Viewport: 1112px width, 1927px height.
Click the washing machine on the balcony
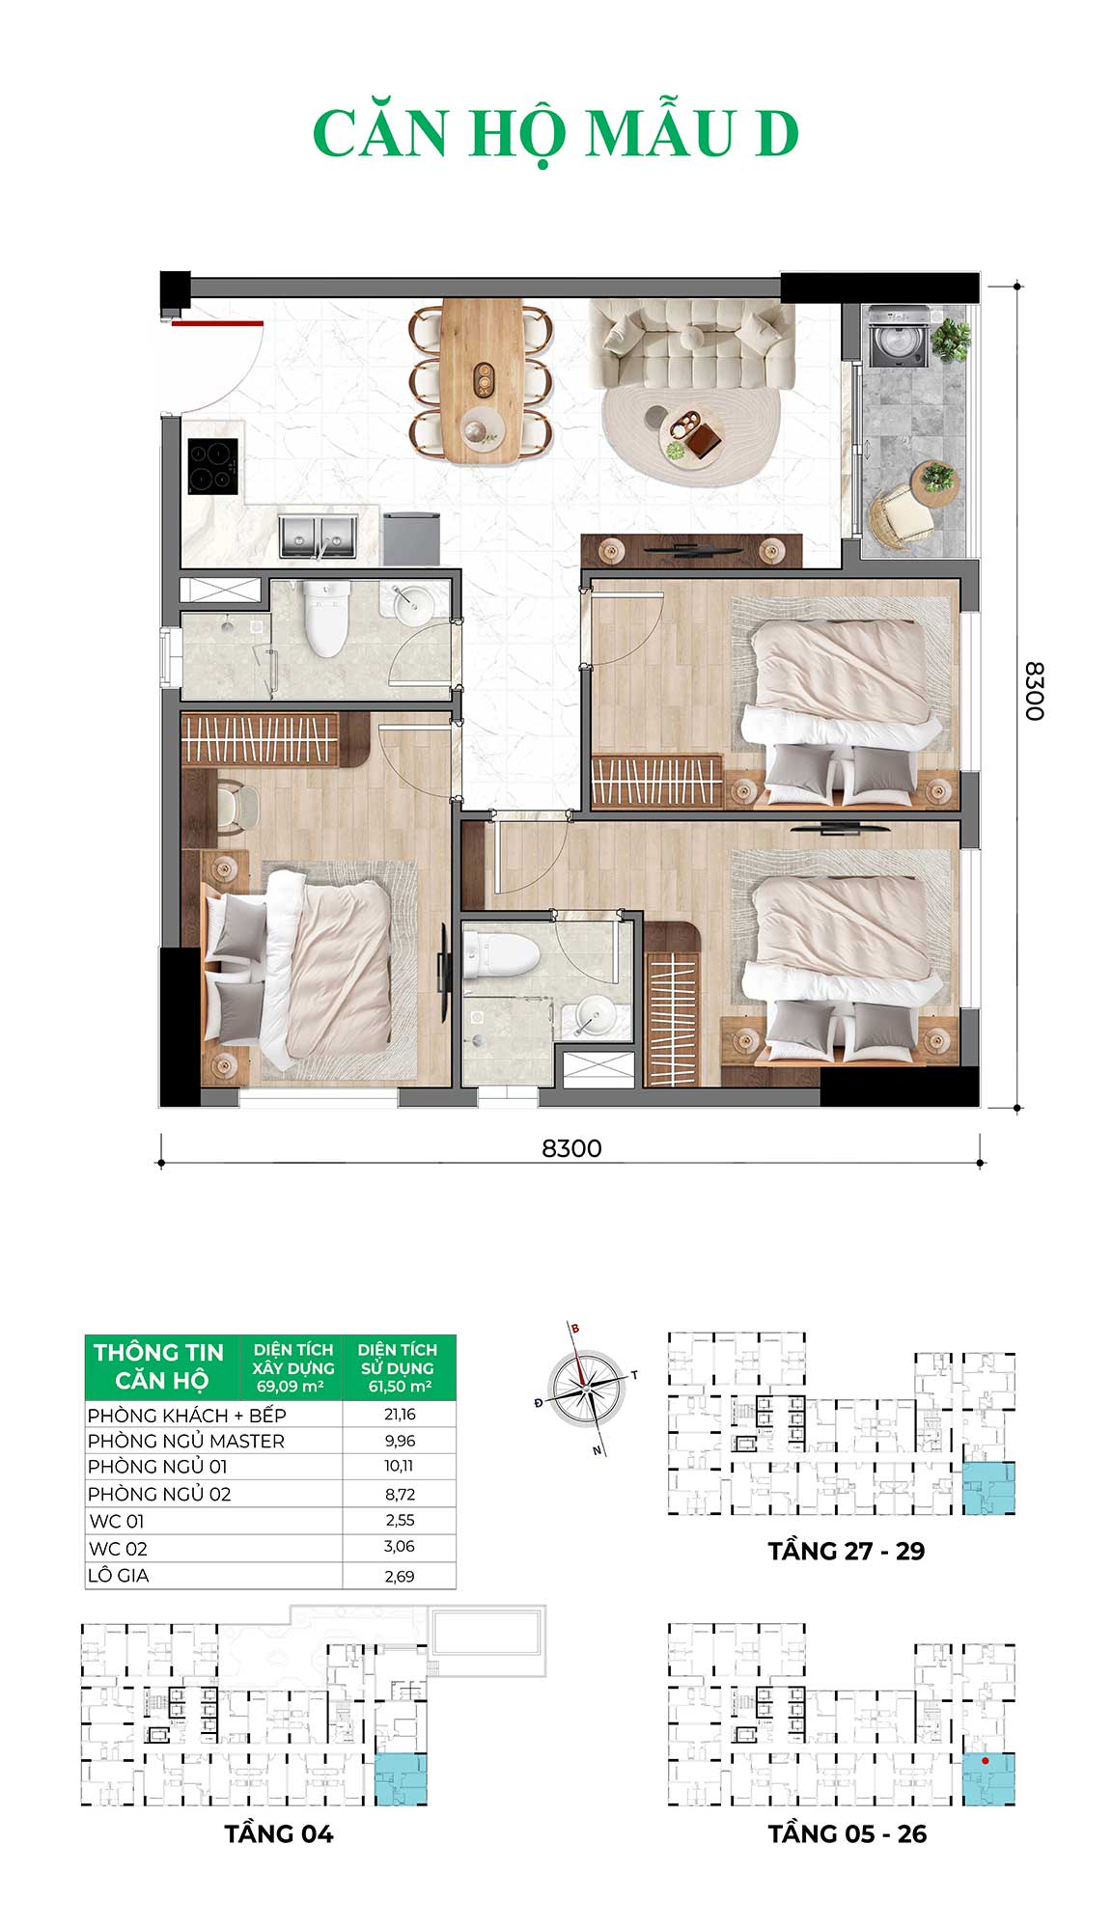(898, 336)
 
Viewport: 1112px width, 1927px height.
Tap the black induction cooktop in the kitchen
(212, 466)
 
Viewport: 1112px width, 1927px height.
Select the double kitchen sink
(318, 537)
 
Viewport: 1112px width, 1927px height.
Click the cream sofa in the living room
(691, 343)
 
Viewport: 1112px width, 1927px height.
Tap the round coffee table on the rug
(690, 433)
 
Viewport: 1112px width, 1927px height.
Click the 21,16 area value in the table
(399, 1414)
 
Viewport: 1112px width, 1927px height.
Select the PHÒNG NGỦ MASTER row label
(186, 1441)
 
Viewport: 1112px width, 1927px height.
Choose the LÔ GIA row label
(119, 1575)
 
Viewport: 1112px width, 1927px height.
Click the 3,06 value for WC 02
(399, 1546)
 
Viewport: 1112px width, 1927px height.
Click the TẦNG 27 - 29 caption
(847, 1551)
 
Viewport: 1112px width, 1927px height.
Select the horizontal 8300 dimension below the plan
(571, 1148)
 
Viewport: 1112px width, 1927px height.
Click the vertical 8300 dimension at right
(1034, 691)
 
